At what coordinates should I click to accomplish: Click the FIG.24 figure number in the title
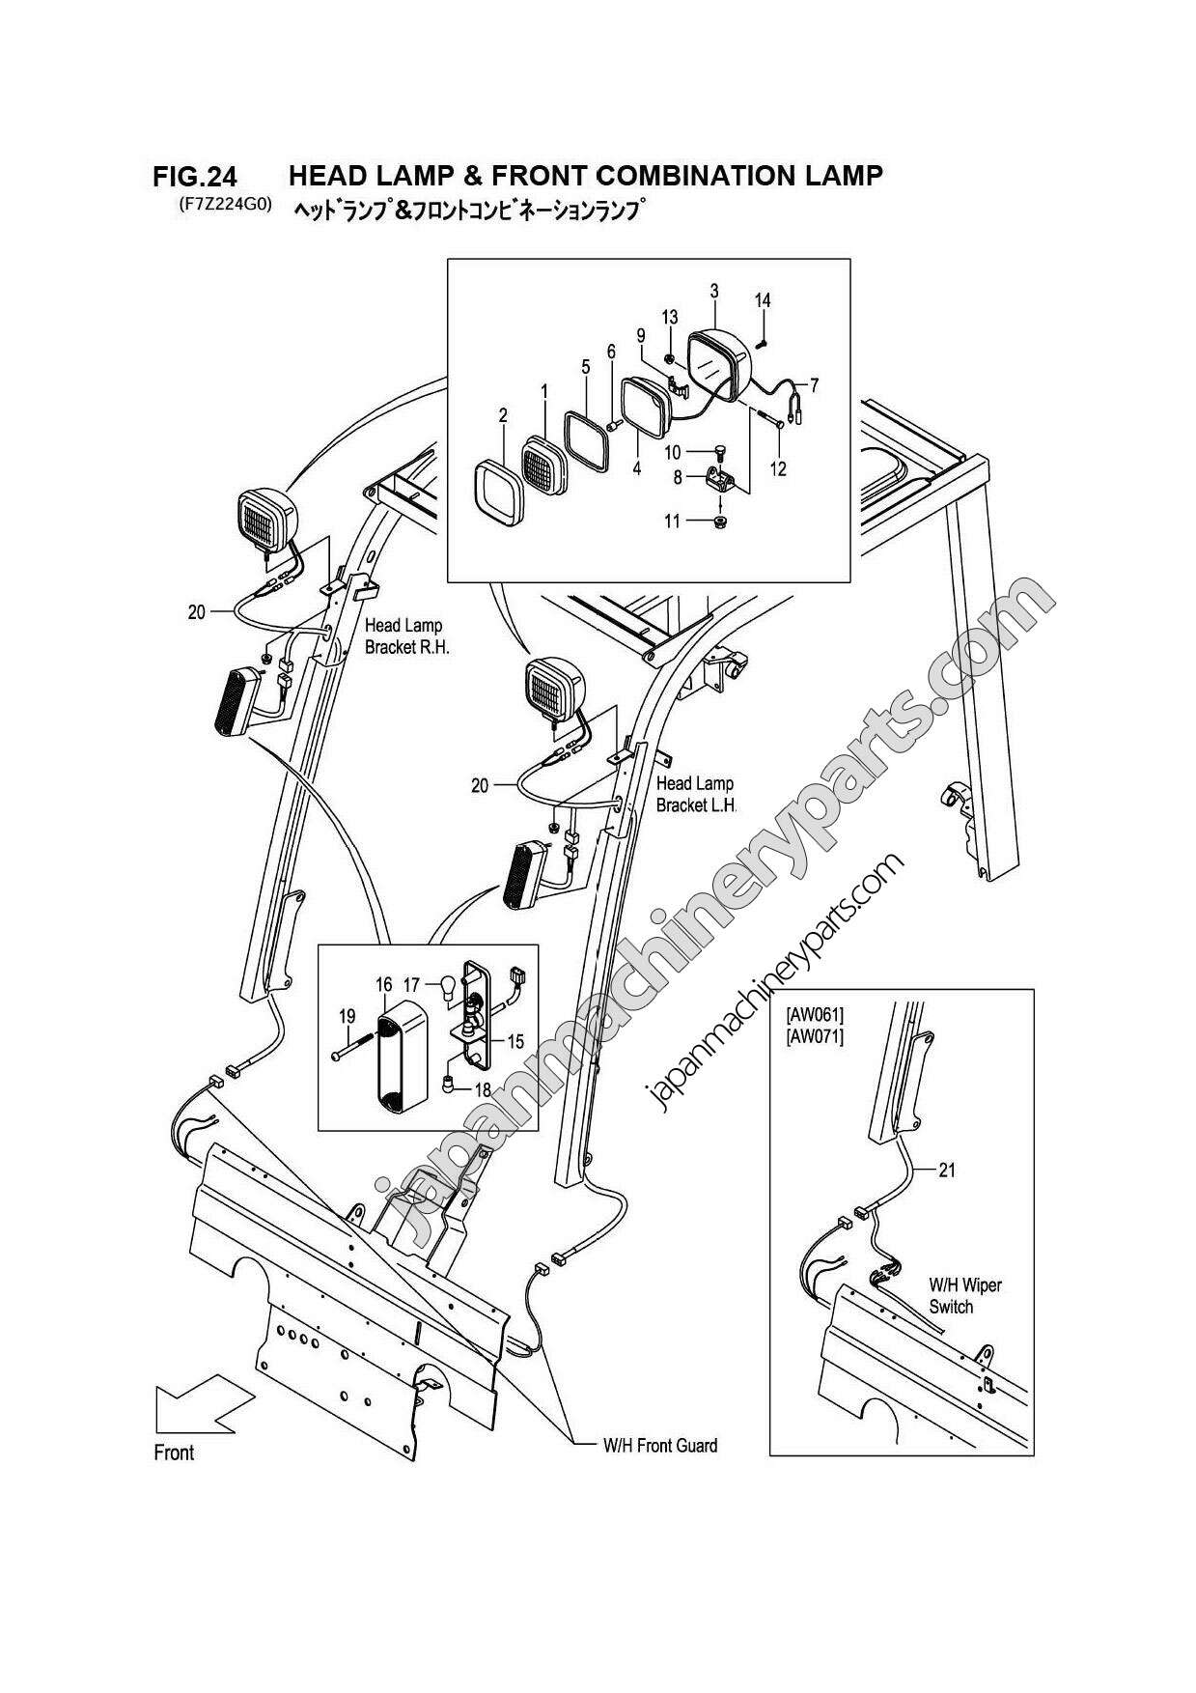[x=194, y=177]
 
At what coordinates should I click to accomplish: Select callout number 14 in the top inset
[x=763, y=300]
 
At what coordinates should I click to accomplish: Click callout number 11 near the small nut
[x=672, y=522]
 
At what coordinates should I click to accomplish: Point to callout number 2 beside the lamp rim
[x=503, y=416]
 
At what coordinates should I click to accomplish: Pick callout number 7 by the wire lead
[x=814, y=386]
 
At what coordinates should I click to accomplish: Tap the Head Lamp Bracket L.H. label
[x=695, y=794]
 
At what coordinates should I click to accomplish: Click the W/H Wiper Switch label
[x=964, y=1296]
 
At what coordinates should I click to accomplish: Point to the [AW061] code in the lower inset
[x=815, y=1014]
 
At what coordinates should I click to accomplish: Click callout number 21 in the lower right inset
[x=947, y=1171]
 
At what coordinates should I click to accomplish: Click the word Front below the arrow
[x=174, y=1453]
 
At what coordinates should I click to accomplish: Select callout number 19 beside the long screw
[x=347, y=1016]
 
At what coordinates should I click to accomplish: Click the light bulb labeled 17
[x=446, y=986]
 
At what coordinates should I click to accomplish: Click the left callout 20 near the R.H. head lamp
[x=197, y=611]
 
